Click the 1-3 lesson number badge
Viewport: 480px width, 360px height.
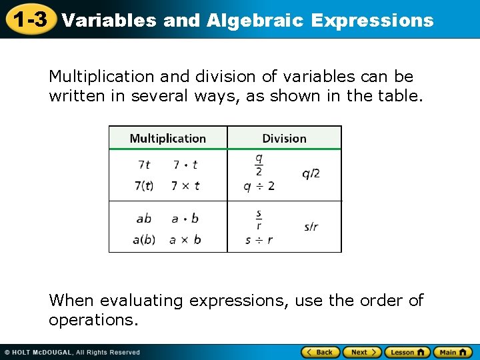click(28, 20)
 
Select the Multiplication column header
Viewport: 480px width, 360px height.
click(167, 139)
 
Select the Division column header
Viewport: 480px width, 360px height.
click(284, 139)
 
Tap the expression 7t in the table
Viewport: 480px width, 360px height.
click(144, 165)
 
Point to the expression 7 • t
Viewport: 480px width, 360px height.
click(185, 165)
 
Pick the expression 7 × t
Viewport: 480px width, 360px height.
click(185, 186)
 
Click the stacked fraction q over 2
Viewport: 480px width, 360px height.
click(259, 165)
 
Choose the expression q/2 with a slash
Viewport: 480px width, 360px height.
click(311, 174)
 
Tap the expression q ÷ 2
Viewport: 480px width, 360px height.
click(259, 186)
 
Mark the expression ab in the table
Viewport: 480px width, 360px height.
click(144, 218)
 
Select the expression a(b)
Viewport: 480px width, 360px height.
click(144, 239)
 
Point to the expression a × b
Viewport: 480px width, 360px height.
click(185, 239)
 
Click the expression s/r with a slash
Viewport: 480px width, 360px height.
click(311, 227)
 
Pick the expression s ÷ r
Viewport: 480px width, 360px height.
click(259, 239)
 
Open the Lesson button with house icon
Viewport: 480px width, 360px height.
click(408, 352)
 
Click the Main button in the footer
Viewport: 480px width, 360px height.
click(453, 352)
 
